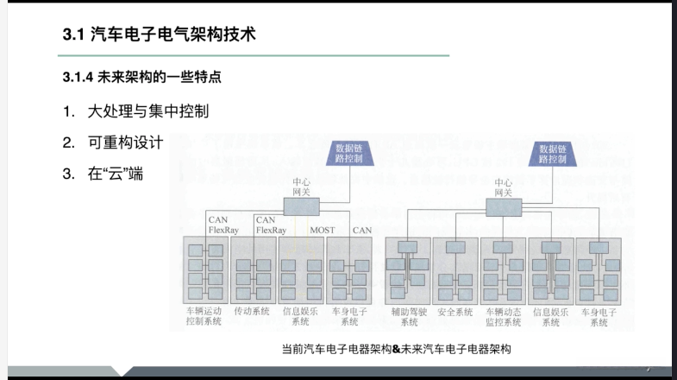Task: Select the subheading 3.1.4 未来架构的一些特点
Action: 141,78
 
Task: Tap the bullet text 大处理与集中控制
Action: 147,111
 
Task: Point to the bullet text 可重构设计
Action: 125,142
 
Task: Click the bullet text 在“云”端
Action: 115,173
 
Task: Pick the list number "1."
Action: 68,111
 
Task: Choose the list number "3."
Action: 68,173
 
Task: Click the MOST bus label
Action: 323,231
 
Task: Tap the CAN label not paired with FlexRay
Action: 362,231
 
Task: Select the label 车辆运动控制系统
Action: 204,315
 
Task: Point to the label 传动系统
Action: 252,310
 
